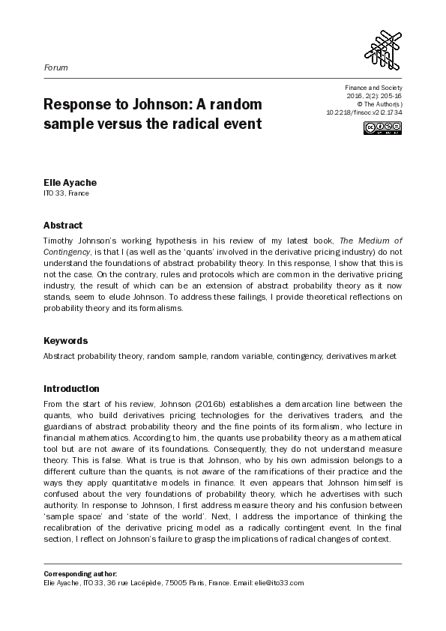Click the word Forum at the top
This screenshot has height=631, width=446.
[55, 67]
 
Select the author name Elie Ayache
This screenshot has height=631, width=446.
[64, 182]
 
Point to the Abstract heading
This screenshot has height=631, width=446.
[63, 225]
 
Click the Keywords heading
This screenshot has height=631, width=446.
[66, 340]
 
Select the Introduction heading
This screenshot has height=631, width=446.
[71, 389]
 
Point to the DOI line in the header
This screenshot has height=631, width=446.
[364, 112]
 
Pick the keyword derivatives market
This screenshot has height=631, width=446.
[364, 356]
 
